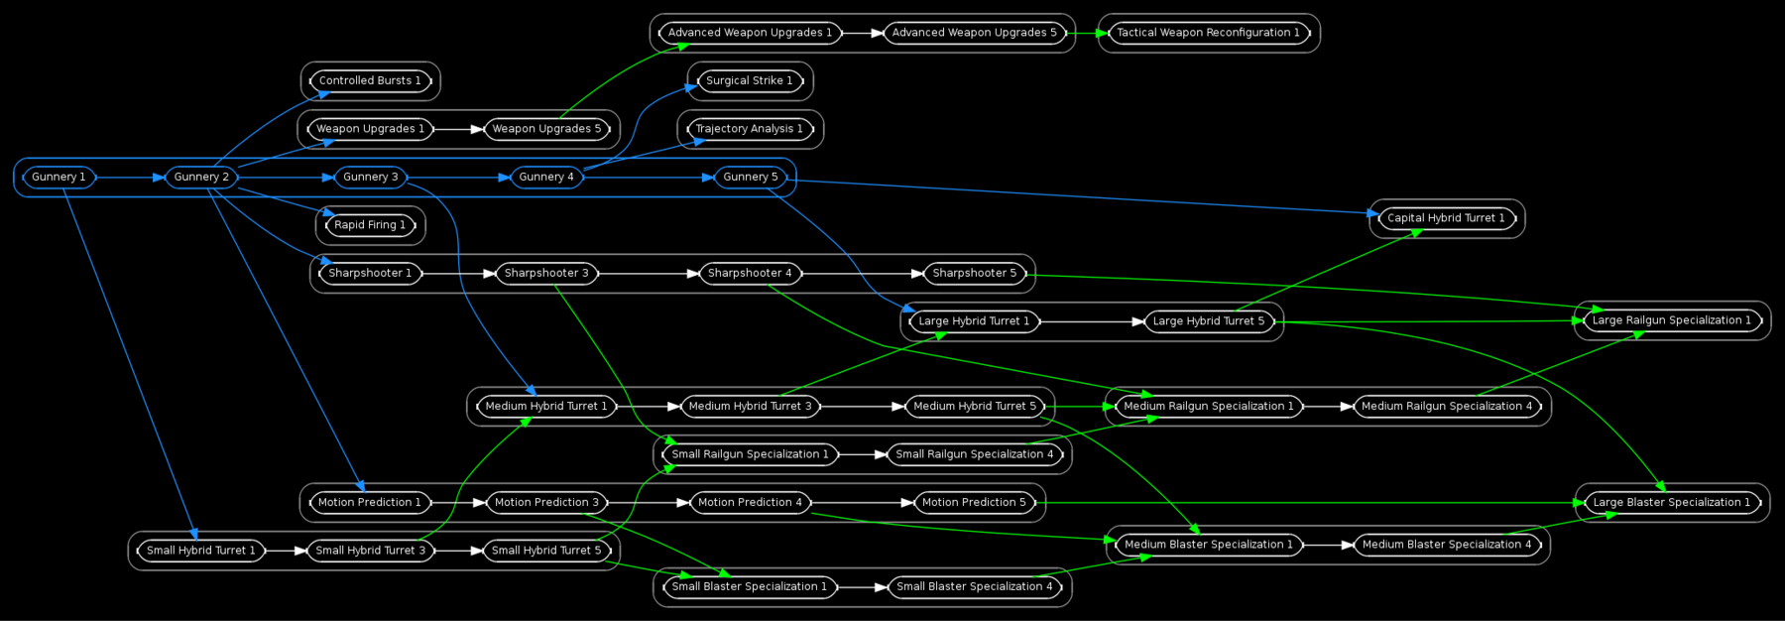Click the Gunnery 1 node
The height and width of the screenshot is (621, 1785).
59,178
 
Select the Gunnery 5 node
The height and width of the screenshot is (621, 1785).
751,178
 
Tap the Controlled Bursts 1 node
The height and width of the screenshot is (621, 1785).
370,81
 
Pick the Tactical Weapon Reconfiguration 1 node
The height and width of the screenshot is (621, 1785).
1208,33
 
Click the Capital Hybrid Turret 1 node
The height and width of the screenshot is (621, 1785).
1446,218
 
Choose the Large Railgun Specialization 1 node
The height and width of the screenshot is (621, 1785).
1671,320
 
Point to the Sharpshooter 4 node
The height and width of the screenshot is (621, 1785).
750,274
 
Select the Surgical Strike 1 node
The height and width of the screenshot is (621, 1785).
749,81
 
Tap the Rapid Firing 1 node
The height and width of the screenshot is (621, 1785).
370,225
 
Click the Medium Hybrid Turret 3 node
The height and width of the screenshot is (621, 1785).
750,407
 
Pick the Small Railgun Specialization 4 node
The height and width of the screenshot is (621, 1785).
974,454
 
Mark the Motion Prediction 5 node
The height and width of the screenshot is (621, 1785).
974,503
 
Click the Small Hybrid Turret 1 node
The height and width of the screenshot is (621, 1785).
200,551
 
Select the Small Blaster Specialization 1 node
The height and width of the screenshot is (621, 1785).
749,587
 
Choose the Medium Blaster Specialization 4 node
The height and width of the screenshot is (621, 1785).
1446,545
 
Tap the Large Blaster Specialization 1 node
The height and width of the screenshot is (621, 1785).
1671,503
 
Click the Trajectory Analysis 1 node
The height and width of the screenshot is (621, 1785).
749,129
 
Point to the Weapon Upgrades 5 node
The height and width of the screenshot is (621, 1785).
546,129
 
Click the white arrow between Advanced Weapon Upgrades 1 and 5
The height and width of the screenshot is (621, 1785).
863,33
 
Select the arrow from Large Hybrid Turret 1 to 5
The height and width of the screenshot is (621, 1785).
1091,321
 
